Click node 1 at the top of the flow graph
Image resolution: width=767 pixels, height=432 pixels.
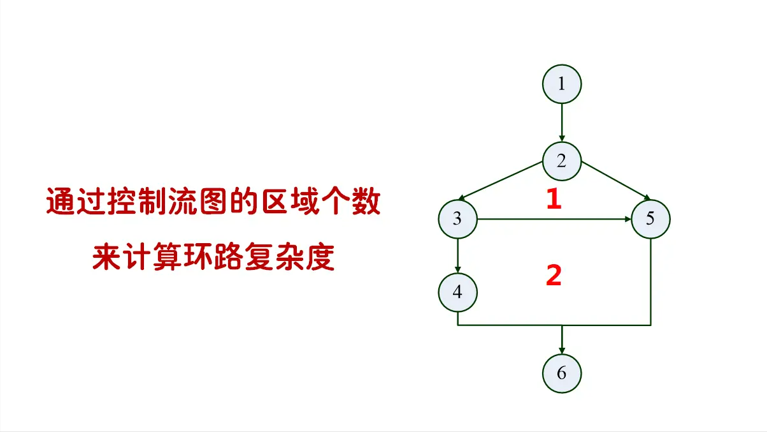point(561,84)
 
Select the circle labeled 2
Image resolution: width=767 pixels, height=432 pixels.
point(561,161)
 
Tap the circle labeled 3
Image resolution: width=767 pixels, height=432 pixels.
point(457,220)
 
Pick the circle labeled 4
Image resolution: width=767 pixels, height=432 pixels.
point(457,292)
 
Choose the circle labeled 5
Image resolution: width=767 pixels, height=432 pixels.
point(650,220)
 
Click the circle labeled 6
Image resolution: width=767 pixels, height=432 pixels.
point(561,373)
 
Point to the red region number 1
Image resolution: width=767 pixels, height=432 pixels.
point(554,200)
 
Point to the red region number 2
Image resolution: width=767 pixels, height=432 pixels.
point(554,276)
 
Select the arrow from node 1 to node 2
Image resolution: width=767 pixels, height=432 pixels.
point(561,122)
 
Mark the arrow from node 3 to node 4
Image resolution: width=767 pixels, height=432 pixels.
point(457,255)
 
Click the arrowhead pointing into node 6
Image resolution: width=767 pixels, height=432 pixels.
point(561,348)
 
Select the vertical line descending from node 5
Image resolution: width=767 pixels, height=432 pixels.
point(650,281)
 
